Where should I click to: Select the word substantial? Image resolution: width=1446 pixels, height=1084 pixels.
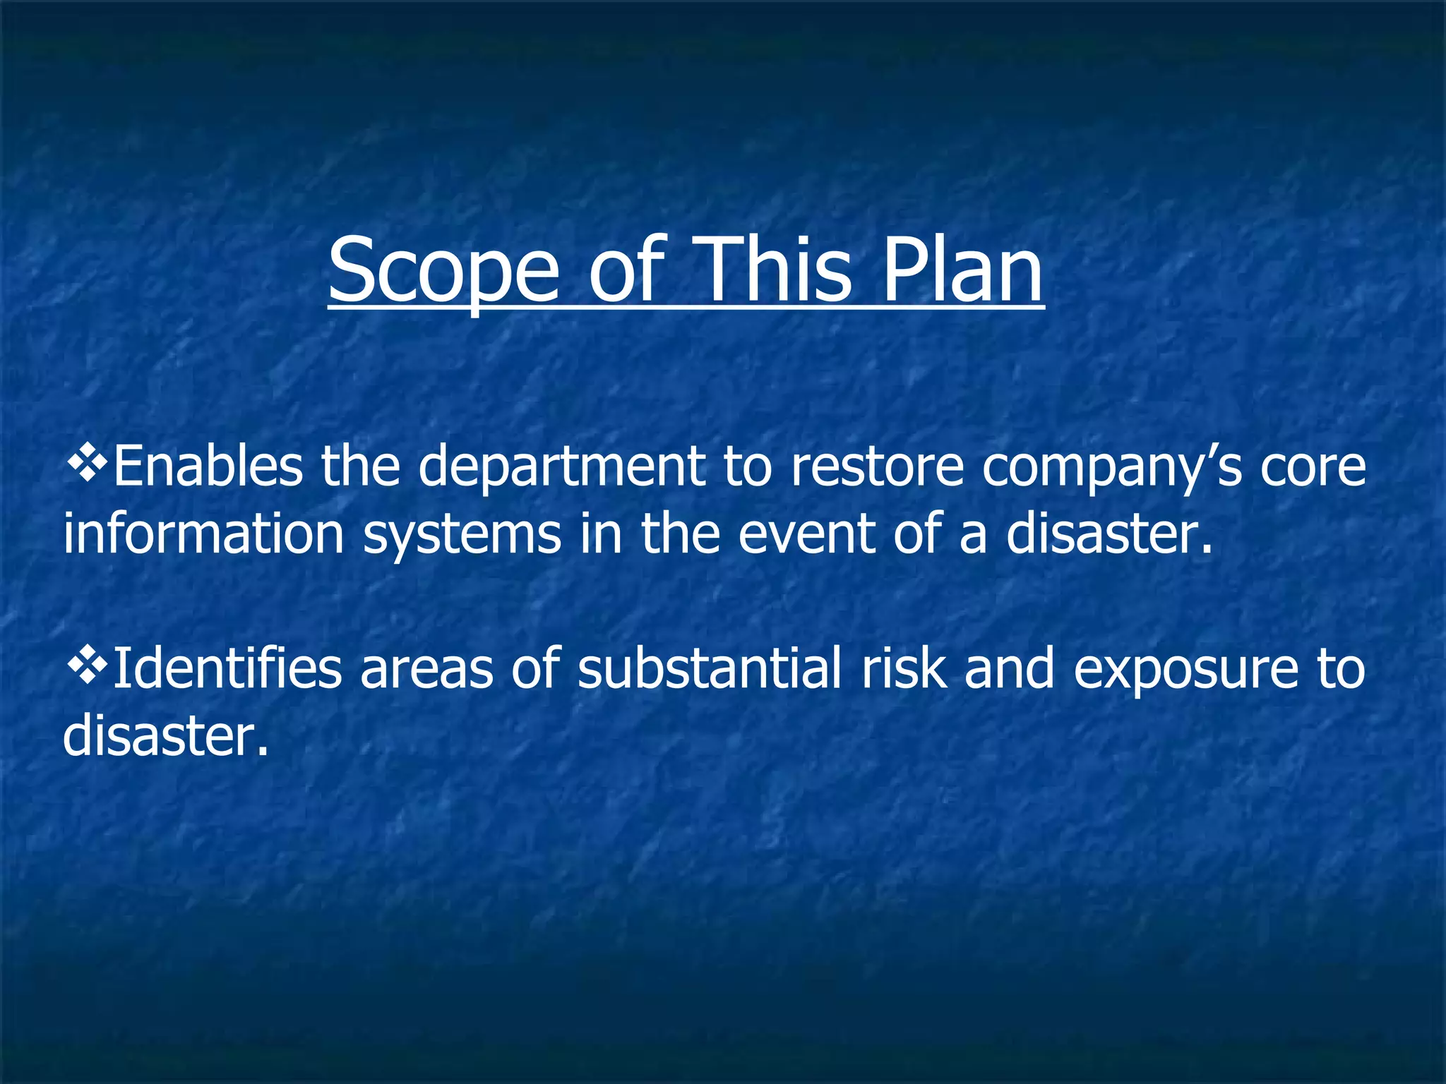coord(709,668)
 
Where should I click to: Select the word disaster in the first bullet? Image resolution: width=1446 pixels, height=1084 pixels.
coord(1109,534)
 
